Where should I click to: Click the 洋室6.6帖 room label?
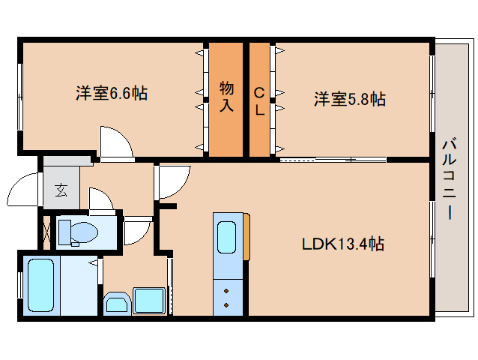click(111, 94)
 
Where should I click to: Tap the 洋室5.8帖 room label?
click(349, 98)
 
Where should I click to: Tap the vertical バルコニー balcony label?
click(449, 178)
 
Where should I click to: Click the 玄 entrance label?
click(61, 189)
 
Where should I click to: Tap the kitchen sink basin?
click(227, 237)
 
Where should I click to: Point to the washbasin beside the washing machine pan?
click(116, 303)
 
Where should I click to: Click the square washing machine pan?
click(149, 301)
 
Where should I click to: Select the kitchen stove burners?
click(226, 295)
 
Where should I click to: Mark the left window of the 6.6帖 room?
click(20, 97)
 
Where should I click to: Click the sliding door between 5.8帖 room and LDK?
click(333, 159)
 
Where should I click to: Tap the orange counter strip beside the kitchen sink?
click(246, 237)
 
